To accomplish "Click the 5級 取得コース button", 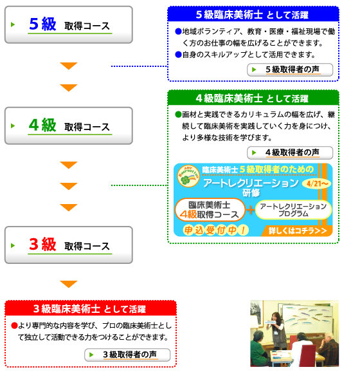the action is [x=69, y=25].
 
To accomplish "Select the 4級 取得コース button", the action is [x=69, y=126].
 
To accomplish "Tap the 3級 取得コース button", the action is [x=69, y=245].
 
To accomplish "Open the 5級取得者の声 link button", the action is [x=290, y=70].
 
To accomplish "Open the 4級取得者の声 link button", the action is [x=290, y=153].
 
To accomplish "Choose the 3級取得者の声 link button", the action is [x=127, y=355].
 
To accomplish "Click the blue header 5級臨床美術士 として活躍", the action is [x=253, y=15].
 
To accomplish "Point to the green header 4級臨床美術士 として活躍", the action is [x=253, y=98].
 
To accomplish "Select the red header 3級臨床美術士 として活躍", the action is [x=91, y=308].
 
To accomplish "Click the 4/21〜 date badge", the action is [x=317, y=183].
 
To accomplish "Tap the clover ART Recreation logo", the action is [x=188, y=176].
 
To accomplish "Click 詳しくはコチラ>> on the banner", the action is [x=297, y=230].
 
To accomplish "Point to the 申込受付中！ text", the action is [x=215, y=230].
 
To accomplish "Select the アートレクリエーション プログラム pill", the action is [x=293, y=210].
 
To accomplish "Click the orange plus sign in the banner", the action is [x=250, y=210].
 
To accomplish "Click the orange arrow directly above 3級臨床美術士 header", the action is [x=69, y=284].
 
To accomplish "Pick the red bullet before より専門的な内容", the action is [x=14, y=326].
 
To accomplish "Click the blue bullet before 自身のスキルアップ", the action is [x=178, y=55].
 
